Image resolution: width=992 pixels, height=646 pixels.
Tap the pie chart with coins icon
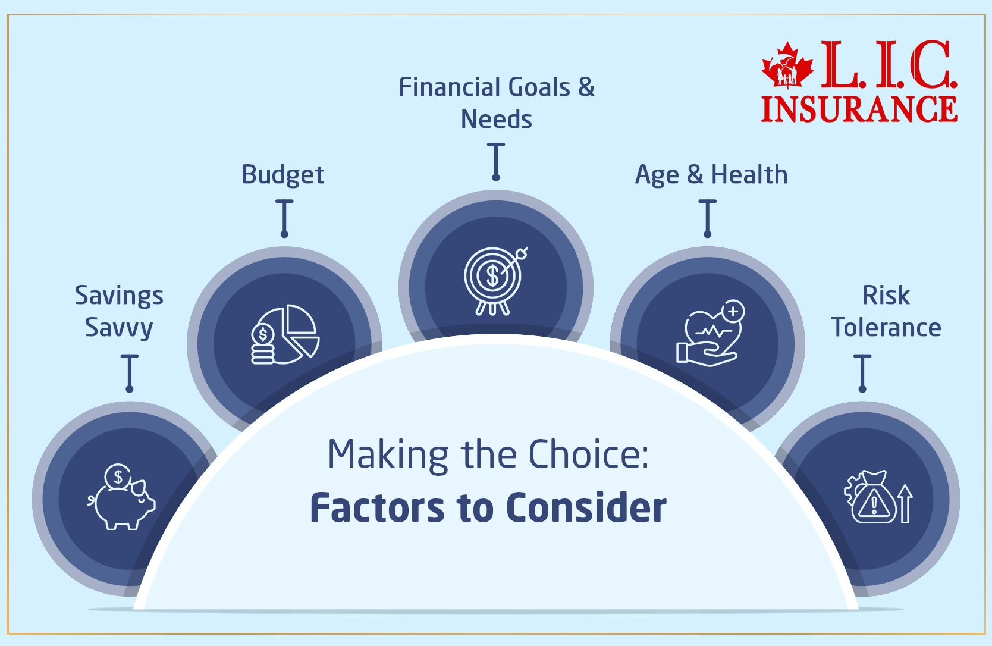click(x=285, y=334)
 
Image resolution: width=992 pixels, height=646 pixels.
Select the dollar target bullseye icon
click(x=494, y=280)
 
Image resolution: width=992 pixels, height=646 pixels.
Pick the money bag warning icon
click(x=873, y=498)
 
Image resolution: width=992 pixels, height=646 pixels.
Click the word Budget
click(x=282, y=175)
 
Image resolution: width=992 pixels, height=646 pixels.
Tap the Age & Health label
click(x=711, y=175)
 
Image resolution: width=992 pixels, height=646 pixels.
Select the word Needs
click(x=496, y=120)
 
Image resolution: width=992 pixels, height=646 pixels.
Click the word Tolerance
click(x=886, y=328)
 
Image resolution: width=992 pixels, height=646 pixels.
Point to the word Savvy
click(x=119, y=328)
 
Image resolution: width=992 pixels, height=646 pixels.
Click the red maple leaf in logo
click(x=787, y=65)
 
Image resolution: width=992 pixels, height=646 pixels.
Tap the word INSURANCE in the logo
click(x=859, y=109)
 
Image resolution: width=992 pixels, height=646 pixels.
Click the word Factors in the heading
click(x=377, y=508)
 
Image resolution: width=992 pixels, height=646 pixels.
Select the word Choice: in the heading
click(x=588, y=455)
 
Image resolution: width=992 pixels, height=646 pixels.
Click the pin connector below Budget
click(x=284, y=218)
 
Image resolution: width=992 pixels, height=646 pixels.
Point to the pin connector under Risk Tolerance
click(x=862, y=373)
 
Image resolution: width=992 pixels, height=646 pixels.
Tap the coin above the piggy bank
click(x=118, y=476)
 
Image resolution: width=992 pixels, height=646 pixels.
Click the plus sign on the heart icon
click(x=733, y=311)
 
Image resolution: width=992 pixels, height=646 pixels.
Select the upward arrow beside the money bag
click(x=905, y=503)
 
